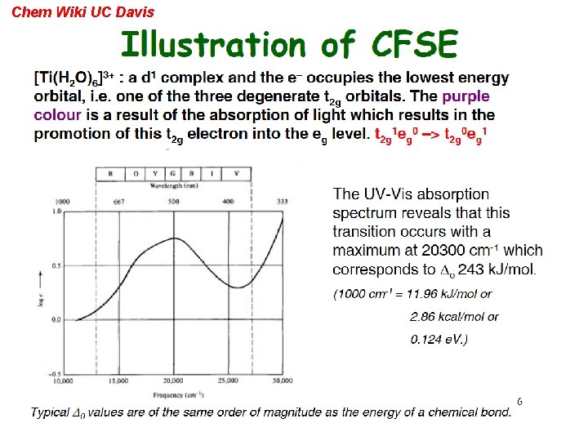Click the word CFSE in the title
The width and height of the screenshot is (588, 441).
click(x=414, y=44)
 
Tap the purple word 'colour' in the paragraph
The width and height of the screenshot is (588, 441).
click(x=58, y=115)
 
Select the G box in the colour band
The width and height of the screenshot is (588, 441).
click(x=173, y=174)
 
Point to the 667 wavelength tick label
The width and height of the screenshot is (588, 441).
click(x=118, y=201)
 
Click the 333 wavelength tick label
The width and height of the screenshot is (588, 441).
click(x=282, y=201)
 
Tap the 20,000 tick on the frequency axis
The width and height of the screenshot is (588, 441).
click(x=173, y=381)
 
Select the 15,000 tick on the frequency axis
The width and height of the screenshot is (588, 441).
click(x=118, y=381)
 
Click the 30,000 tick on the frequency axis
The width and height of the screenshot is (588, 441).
click(x=282, y=381)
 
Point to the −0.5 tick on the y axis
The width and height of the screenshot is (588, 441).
click(x=57, y=374)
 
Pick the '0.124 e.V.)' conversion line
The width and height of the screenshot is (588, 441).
click(x=439, y=338)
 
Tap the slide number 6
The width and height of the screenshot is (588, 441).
click(x=519, y=402)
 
